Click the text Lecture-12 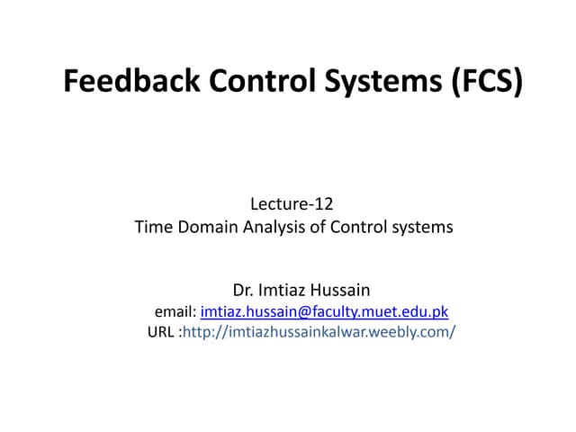point(292,205)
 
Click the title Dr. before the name point(243,291)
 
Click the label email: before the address point(175,311)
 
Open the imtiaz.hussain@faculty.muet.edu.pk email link point(324,311)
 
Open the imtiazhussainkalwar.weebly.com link point(319,332)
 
